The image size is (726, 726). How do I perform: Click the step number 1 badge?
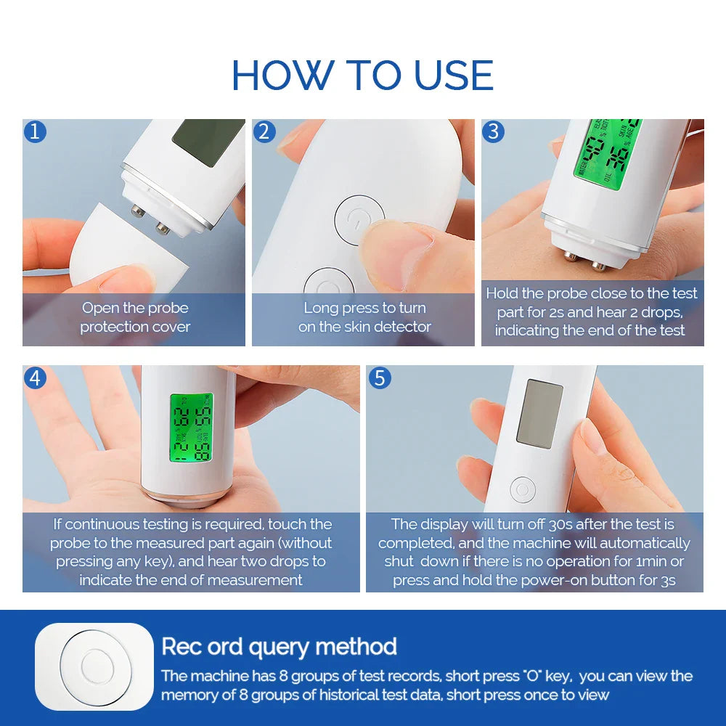point(35,131)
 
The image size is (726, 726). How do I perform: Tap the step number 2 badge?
point(264,131)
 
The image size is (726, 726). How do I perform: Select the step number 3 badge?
point(493,131)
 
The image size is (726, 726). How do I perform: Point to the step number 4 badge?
point(35,378)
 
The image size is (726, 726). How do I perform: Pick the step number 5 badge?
point(380,378)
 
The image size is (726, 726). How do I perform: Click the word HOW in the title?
point(282,76)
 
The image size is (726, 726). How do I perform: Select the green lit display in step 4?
point(192,428)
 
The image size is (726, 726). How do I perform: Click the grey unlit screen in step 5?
point(539,413)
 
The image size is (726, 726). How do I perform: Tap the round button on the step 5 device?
point(522,489)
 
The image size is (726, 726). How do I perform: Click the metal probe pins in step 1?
point(150,220)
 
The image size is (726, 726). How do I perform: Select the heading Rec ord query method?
point(279,646)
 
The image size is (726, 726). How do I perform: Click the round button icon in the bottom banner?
point(94,666)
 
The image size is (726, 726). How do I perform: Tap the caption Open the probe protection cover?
point(135,317)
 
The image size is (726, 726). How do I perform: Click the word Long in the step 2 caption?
point(321,308)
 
